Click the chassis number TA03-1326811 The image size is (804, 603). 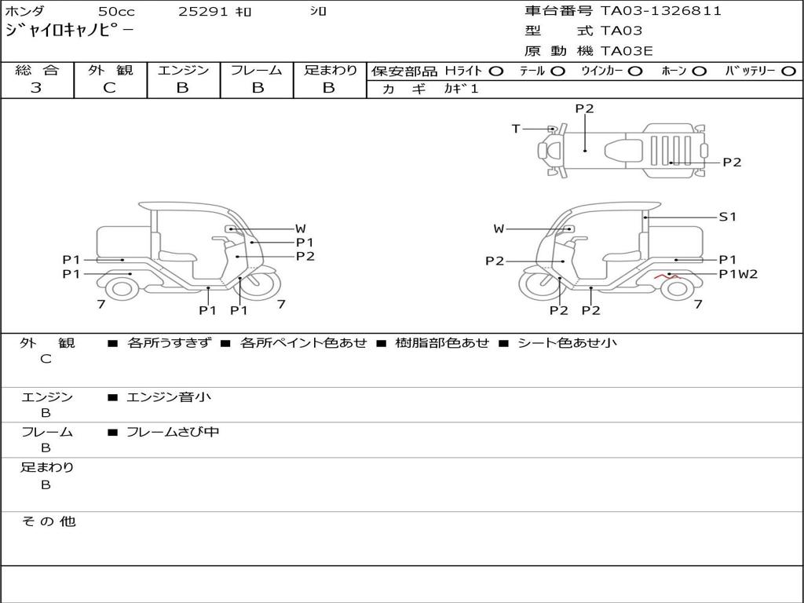point(661,11)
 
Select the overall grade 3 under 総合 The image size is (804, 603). point(36,88)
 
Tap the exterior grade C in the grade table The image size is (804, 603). point(110,88)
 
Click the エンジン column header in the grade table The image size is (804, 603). point(183,70)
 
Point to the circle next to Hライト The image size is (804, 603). point(496,71)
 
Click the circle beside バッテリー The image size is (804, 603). point(789,71)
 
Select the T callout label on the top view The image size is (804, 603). point(516,129)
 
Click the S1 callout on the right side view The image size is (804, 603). point(728,217)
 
